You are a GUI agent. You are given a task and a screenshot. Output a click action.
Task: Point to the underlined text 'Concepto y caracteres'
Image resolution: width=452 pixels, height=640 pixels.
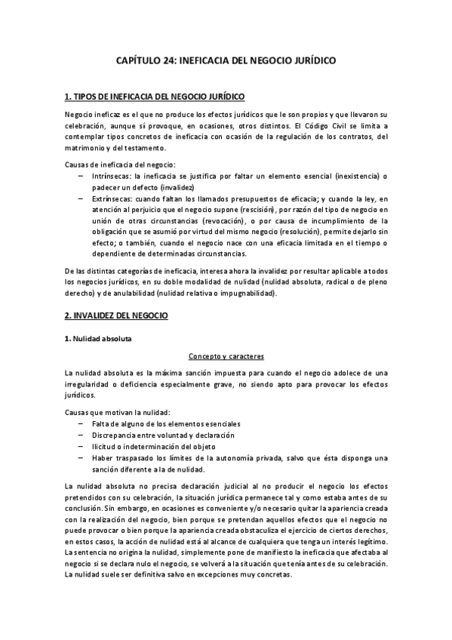pos(226,356)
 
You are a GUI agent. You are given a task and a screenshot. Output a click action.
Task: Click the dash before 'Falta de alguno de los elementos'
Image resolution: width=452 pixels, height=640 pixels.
pos(81,424)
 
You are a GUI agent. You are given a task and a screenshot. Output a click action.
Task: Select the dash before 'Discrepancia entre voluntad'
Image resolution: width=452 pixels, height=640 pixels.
pos(81,435)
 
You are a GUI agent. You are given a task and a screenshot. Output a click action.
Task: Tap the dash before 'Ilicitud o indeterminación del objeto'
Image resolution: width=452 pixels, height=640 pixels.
pos(81,446)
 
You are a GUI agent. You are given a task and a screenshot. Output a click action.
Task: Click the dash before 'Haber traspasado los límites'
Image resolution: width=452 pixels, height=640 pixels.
pos(81,457)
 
